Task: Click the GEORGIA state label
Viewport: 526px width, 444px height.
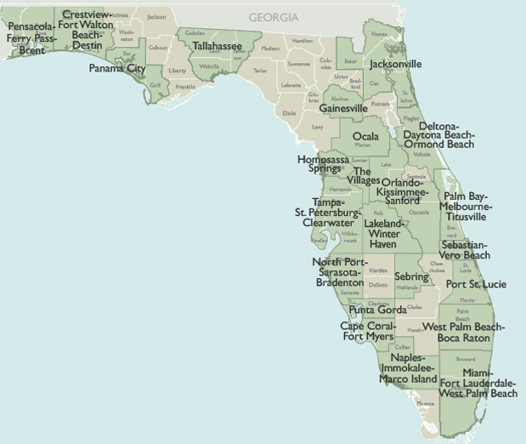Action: [x=274, y=17]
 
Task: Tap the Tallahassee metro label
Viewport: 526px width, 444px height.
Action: [x=216, y=46]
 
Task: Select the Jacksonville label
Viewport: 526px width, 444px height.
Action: [x=395, y=64]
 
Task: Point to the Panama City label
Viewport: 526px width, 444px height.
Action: [x=117, y=68]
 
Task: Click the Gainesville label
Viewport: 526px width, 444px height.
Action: [x=343, y=109]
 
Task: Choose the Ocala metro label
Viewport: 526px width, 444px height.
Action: [x=366, y=136]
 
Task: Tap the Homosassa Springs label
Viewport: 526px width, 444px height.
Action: [x=320, y=164]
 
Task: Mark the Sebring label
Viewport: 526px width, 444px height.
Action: [x=411, y=277]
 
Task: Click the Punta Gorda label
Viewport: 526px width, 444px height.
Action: [x=377, y=310]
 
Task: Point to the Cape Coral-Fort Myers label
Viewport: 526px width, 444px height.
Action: [x=367, y=331]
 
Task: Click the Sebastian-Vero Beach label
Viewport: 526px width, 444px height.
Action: [x=466, y=250]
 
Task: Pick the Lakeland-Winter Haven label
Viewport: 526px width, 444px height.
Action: [x=382, y=234]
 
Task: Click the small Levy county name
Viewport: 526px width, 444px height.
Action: [x=318, y=127]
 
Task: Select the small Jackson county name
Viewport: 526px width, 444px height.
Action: [x=156, y=17]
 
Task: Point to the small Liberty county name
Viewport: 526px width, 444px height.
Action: [x=178, y=71]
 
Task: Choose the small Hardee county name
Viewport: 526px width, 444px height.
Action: [x=378, y=270]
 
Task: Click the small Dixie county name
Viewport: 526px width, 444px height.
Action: [x=289, y=112]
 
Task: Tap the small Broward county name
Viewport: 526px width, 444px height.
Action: [x=466, y=359]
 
